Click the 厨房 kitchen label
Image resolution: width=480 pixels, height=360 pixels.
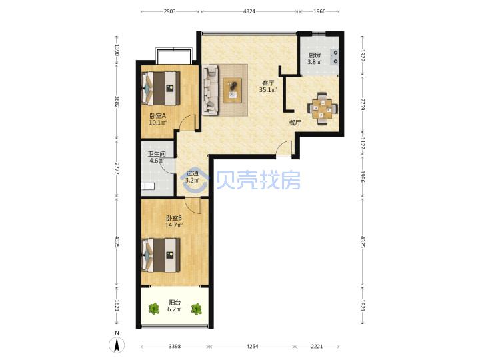pos(315,55)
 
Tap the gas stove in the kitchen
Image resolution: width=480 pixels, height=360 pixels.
pos(334,57)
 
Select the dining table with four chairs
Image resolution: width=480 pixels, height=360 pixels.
pos(323,109)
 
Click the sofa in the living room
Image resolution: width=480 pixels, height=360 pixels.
pos(210,90)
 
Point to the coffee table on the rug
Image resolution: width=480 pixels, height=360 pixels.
pos(233,90)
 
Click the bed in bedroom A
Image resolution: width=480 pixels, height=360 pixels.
pos(161,89)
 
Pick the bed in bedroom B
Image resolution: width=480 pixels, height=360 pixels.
pos(161,255)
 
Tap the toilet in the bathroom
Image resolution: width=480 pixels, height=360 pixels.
pos(147,186)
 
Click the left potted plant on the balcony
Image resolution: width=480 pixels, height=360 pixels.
pos(154,309)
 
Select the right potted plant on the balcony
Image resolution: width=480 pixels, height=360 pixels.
pos(196,309)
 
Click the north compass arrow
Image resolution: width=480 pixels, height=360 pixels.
pos(117,345)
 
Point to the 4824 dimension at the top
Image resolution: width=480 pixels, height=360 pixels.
pos(249,11)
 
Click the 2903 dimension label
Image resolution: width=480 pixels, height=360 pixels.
pos(169,11)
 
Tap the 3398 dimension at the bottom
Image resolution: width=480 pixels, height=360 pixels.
pos(175,346)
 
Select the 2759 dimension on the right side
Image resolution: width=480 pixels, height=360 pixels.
pos(363,105)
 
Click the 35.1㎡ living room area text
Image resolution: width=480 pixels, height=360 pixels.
pos(268,90)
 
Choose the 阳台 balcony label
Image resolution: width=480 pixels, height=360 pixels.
pos(175,303)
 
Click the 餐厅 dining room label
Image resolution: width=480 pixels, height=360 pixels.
pos(295,123)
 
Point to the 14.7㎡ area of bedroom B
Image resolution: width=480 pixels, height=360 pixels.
pos(174,225)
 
